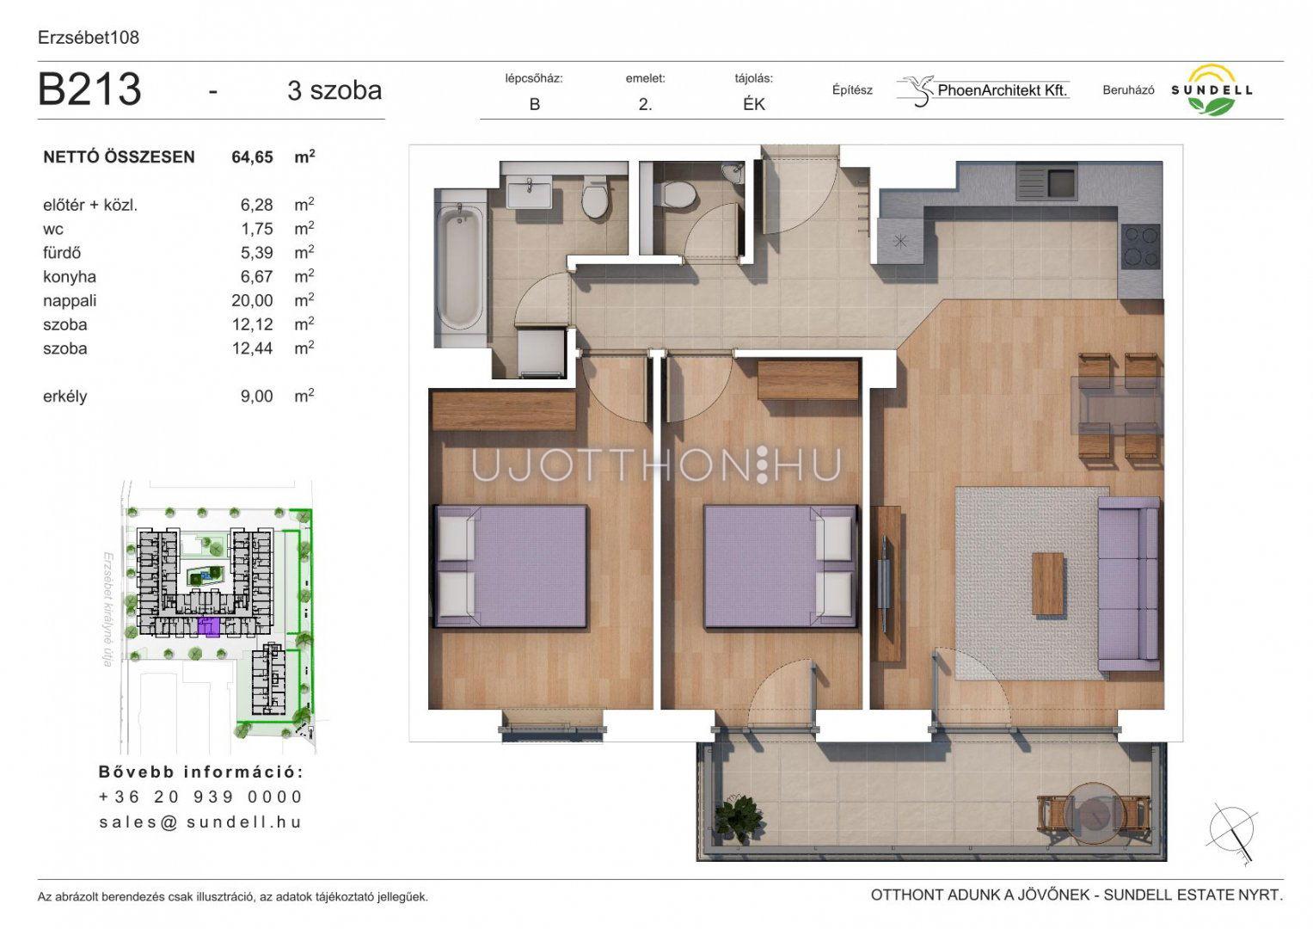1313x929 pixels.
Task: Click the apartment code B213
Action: click(x=89, y=89)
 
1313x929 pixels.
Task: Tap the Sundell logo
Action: click(x=1212, y=89)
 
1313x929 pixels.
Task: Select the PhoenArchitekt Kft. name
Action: click(x=1003, y=89)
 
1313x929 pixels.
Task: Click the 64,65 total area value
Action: click(x=252, y=157)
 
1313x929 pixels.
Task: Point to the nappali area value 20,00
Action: click(x=252, y=300)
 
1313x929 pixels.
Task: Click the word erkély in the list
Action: click(x=65, y=397)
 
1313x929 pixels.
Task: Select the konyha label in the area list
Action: click(x=70, y=277)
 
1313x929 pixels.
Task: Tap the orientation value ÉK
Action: click(x=754, y=104)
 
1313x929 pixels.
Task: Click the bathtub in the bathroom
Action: click(x=461, y=268)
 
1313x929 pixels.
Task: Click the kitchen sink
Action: click(x=1047, y=182)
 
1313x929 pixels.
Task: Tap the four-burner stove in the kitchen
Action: click(x=1141, y=246)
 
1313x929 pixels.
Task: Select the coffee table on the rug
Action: click(x=1048, y=583)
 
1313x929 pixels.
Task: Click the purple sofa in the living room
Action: click(x=1129, y=584)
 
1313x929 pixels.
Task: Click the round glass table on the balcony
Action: click(x=1095, y=814)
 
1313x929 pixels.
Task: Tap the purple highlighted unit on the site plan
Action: click(x=209, y=626)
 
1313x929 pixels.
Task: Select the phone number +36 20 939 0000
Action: click(x=200, y=797)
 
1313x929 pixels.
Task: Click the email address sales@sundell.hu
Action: click(x=200, y=822)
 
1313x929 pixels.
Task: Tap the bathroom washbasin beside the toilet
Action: click(x=530, y=193)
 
